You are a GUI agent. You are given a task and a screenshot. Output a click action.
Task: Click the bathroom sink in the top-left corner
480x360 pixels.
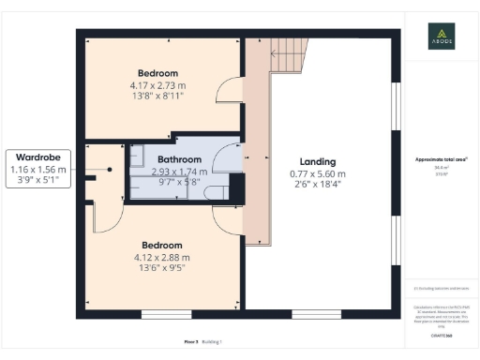pos(136,157)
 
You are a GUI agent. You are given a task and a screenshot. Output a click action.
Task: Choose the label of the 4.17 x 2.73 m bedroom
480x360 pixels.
pos(158,73)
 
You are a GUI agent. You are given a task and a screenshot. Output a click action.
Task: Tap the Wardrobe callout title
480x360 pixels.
pos(38,157)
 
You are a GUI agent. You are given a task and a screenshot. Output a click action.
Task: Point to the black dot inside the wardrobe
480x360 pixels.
pos(110,170)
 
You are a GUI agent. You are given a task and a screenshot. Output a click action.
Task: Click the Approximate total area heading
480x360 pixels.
pos(442,159)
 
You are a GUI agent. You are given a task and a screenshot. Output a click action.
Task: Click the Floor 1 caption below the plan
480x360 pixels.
pos(191,342)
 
